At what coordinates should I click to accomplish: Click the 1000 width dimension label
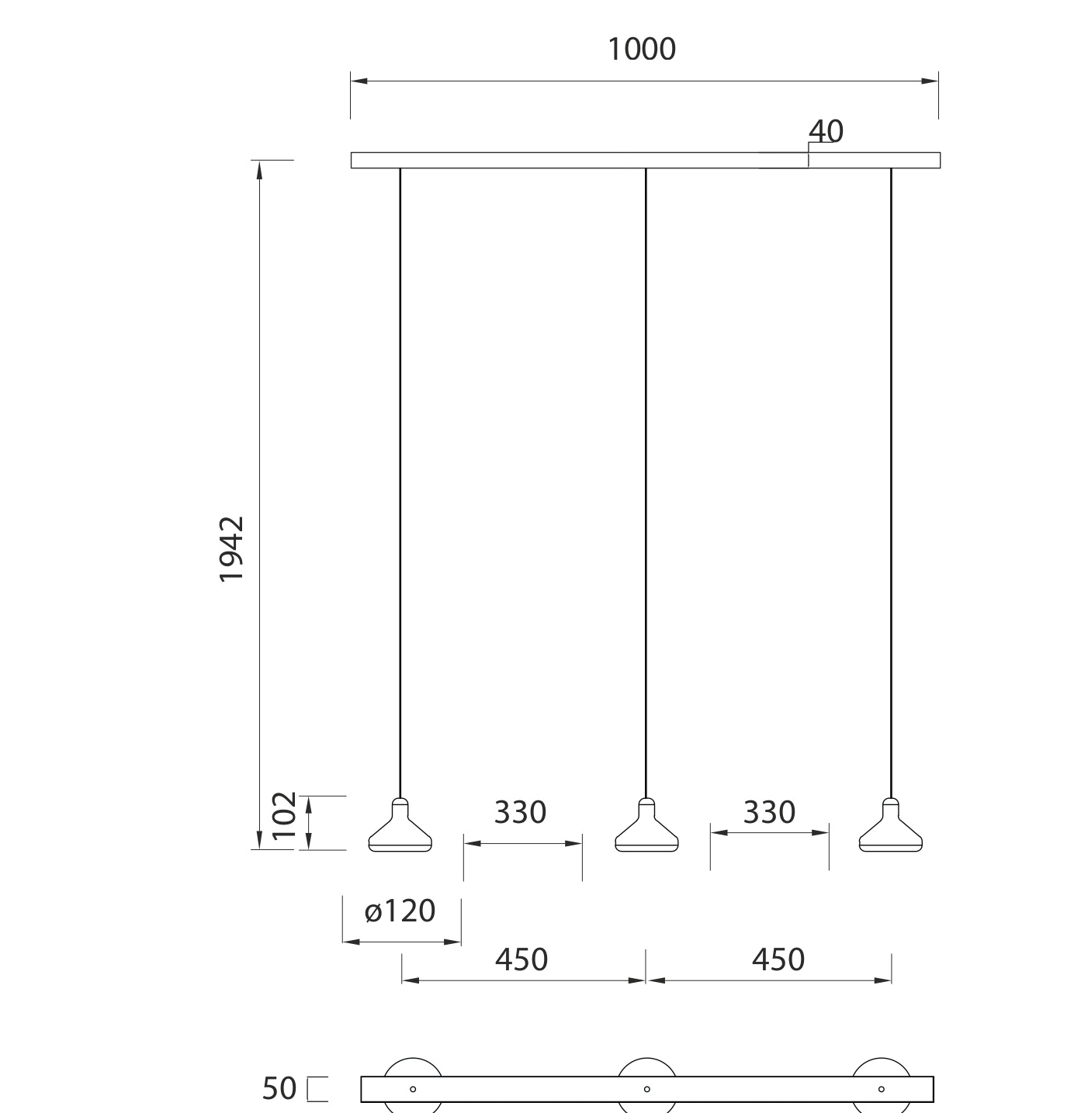point(642,49)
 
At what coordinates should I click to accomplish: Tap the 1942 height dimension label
point(232,550)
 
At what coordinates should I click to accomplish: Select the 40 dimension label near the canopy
point(826,131)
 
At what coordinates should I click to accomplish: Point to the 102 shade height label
point(284,816)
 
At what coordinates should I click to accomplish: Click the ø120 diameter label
point(400,911)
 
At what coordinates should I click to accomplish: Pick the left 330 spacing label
point(520,812)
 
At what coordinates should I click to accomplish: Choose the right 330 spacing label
point(769,812)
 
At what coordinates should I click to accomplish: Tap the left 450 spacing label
point(521,959)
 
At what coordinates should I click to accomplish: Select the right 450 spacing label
point(778,959)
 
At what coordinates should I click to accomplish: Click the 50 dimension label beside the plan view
point(279,1088)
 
